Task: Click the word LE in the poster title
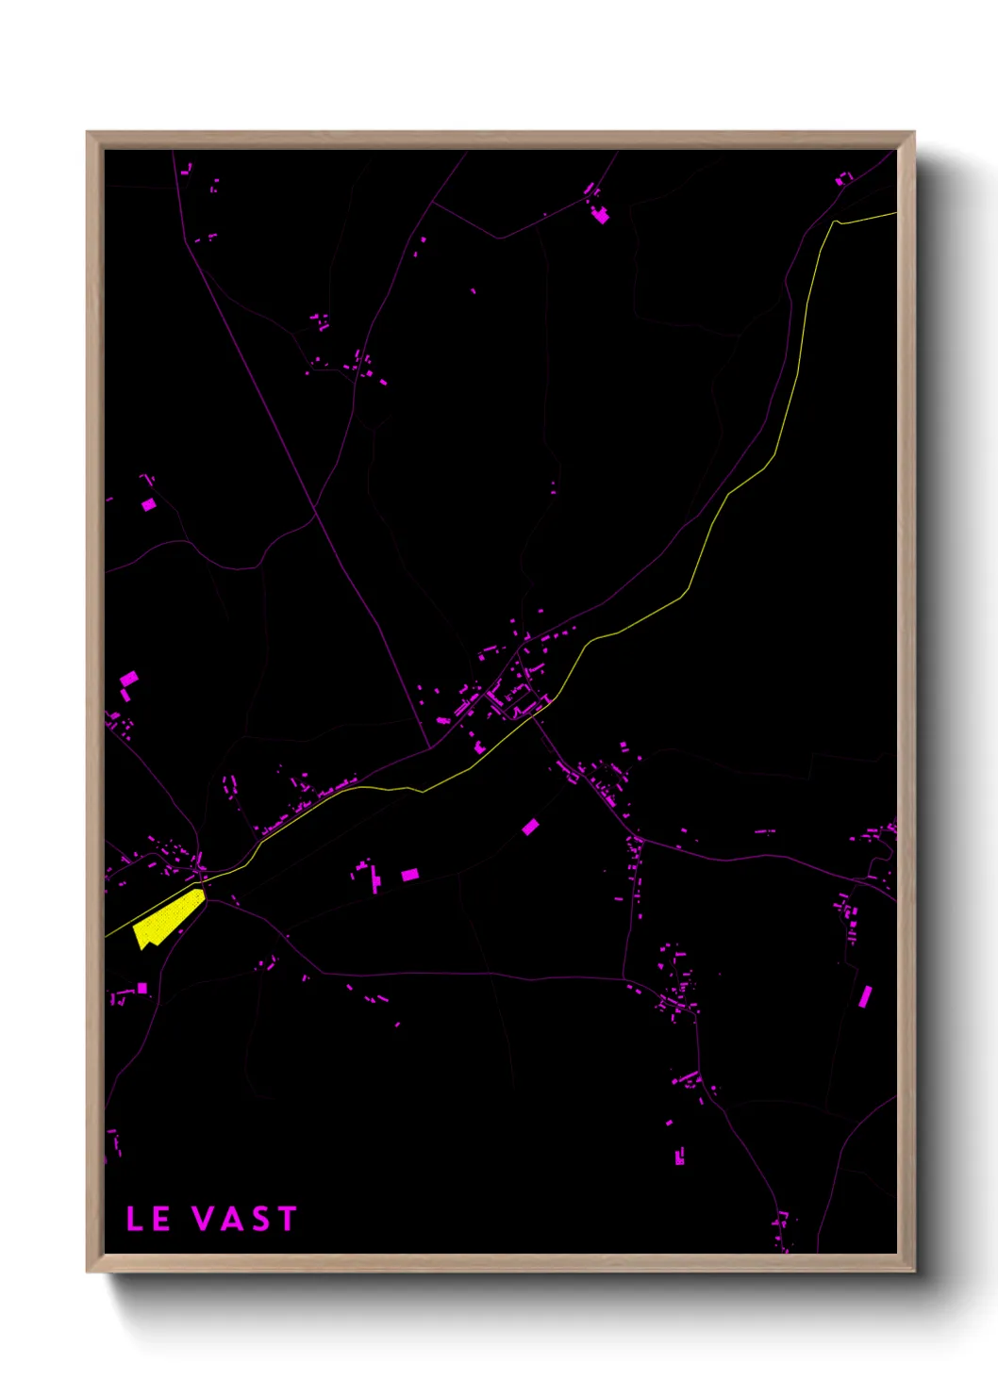point(148,1219)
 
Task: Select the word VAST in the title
point(245,1219)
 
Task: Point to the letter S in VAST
point(260,1219)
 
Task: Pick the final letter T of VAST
point(286,1219)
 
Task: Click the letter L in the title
point(135,1219)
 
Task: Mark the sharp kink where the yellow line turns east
point(836,222)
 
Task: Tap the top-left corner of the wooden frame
point(89,134)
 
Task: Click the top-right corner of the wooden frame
point(912,134)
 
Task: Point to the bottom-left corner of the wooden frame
point(89,1270)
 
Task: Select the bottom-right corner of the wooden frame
point(912,1270)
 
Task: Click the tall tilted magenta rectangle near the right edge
point(865,996)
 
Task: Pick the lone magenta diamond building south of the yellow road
point(531,827)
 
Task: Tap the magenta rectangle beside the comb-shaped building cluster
point(409,876)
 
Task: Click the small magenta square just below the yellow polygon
point(142,988)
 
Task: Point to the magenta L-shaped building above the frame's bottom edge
point(679,1156)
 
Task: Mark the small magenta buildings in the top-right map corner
point(843,177)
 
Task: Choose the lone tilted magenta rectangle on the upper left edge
point(148,505)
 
